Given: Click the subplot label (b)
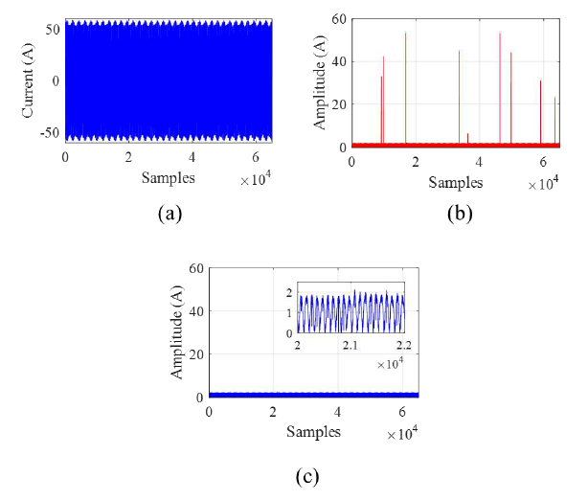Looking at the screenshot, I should [x=461, y=214].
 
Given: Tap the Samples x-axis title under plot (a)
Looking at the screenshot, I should [x=169, y=178].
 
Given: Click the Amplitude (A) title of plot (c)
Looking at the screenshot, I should [x=177, y=331].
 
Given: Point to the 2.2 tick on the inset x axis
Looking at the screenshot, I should [x=403, y=344].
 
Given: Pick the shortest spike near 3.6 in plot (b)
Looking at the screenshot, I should [x=467, y=135].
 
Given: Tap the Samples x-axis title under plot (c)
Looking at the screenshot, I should [x=313, y=431].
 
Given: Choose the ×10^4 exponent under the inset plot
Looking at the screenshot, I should [x=390, y=363].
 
